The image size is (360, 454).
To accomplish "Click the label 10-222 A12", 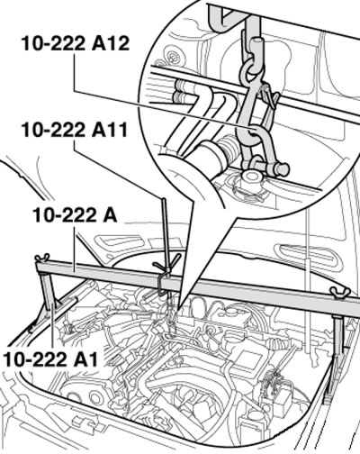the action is pos(75,44).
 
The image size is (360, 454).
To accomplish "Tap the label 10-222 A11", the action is pos(75,130).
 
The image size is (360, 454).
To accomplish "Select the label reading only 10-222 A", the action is pos(75,215).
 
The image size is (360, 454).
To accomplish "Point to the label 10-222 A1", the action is pos(51,359).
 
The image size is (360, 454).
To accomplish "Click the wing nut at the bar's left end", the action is pos(42,259).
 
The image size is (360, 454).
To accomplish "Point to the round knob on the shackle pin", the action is pos(283,169).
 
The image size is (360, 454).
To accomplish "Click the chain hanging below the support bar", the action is pos(170,315).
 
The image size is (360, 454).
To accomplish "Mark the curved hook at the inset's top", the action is pos(221,15).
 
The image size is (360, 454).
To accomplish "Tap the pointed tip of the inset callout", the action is pos(179,310).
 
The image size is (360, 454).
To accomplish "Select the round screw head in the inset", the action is pos(173,57).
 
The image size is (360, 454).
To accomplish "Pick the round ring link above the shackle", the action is pos(252,69).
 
